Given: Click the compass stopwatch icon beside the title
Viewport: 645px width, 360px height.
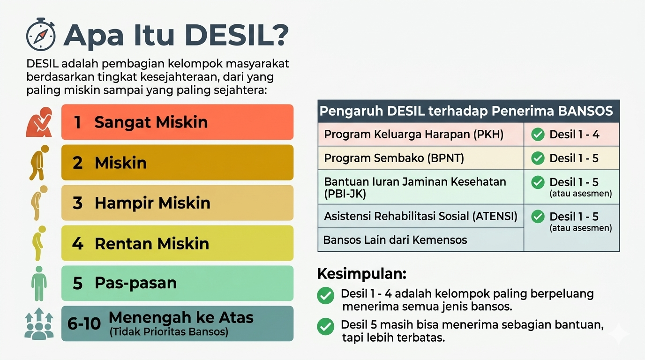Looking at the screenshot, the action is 41,35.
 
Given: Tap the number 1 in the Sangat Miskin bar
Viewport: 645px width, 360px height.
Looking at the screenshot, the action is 77,122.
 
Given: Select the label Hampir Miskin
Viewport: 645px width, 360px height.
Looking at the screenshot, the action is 153,203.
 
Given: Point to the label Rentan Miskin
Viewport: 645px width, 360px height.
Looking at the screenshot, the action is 152,244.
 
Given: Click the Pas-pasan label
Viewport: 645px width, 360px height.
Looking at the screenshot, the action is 135,283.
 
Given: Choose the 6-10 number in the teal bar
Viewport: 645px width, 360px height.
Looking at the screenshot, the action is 84,324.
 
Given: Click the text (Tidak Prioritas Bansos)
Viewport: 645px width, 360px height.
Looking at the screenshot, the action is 169,332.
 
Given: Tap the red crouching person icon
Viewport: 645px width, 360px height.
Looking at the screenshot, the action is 39,122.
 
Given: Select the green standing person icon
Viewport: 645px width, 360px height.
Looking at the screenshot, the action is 39,284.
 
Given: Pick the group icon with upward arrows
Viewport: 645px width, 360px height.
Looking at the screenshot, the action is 39,324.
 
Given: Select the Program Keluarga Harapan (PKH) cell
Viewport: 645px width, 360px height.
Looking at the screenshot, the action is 420,135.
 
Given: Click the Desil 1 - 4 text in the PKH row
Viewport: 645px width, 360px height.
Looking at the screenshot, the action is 574,135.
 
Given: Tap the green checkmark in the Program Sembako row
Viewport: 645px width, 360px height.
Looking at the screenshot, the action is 538,158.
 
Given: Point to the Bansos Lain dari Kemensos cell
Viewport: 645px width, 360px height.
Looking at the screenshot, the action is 420,240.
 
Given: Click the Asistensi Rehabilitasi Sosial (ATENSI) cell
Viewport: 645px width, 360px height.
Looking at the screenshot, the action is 420,216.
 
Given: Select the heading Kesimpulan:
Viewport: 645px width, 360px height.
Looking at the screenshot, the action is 362,274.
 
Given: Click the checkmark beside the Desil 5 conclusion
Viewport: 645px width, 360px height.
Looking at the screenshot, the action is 326,326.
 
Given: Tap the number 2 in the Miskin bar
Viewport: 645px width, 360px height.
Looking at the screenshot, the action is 77,163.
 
